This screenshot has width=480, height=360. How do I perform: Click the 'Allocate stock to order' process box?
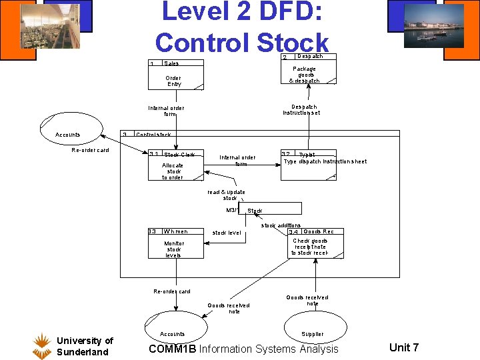click(x=175, y=167)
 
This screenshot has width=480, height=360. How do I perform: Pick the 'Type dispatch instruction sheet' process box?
click(x=325, y=162)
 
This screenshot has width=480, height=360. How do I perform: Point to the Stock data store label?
click(x=255, y=211)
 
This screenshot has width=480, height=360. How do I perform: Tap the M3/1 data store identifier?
click(x=232, y=210)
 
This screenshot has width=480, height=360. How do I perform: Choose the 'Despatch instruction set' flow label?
click(x=301, y=109)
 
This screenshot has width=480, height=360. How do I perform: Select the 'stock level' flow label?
click(x=227, y=233)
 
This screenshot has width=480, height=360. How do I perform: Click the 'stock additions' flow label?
click(x=281, y=225)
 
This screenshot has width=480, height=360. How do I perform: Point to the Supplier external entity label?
click(x=313, y=333)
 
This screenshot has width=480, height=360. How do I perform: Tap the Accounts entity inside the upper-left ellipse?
click(x=68, y=135)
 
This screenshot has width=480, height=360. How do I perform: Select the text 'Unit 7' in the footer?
click(x=404, y=347)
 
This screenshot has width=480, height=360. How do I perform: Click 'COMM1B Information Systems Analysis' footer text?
click(x=243, y=349)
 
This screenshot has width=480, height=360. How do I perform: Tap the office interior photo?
click(x=49, y=26)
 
